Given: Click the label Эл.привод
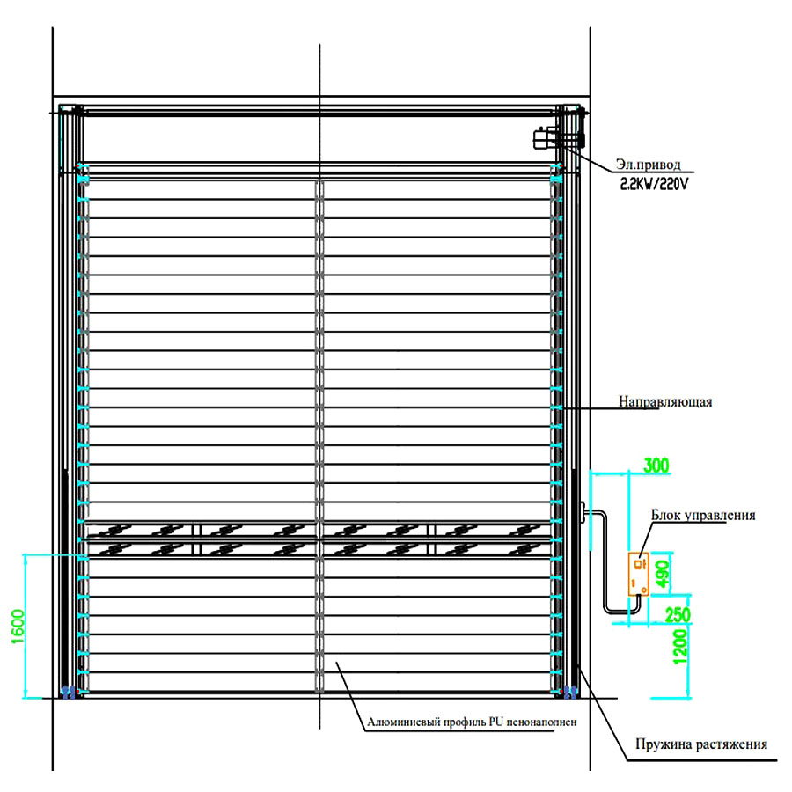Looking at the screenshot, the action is coord(648,165).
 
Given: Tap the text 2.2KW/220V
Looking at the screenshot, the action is coord(654,185).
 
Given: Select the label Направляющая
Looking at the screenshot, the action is coord(665,401).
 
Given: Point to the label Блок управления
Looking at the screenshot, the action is coord(703,515).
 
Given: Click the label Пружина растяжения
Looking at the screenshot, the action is coord(701,744).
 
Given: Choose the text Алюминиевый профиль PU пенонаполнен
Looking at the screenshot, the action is coord(472,722).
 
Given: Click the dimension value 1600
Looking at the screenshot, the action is coord(18,627).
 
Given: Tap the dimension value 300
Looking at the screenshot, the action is coord(656,466).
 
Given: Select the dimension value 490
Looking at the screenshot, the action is coord(662,574).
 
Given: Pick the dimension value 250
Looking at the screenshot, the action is coord(678,615).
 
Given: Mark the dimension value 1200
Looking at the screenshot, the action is coord(680,647).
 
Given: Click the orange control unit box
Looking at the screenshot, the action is coord(639,575).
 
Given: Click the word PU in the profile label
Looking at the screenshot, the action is coord(496,722).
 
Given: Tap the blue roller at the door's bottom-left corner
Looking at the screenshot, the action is coord(69,692).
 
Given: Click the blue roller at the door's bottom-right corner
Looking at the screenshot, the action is coord(570,692).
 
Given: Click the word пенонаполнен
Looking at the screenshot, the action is coord(541,722).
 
